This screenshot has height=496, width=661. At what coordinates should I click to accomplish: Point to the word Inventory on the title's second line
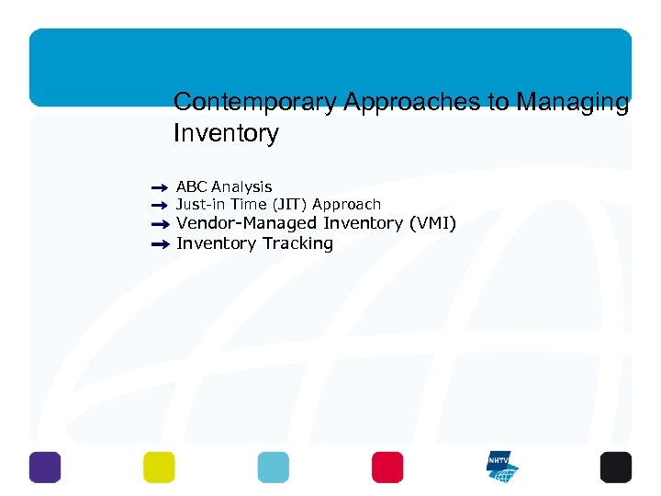point(226,134)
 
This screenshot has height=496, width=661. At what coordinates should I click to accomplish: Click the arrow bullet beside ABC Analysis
point(160,187)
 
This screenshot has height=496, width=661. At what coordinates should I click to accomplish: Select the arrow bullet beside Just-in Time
point(160,205)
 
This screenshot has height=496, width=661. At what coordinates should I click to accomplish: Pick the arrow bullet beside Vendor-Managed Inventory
point(160,224)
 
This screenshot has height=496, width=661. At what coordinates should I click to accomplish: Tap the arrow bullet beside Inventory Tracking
point(160,244)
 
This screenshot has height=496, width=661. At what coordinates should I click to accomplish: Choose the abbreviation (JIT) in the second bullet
point(291,205)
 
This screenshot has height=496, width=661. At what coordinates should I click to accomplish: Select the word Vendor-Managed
point(246,223)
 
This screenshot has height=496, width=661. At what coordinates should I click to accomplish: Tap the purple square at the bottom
point(44,467)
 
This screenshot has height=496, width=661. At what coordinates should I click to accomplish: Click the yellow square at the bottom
point(159,467)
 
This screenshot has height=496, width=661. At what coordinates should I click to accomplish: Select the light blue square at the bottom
point(273,467)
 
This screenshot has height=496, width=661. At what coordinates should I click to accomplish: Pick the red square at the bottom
point(387,467)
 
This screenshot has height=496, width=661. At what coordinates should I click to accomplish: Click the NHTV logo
point(502,467)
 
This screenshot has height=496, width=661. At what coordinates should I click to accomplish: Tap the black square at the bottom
point(616,467)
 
